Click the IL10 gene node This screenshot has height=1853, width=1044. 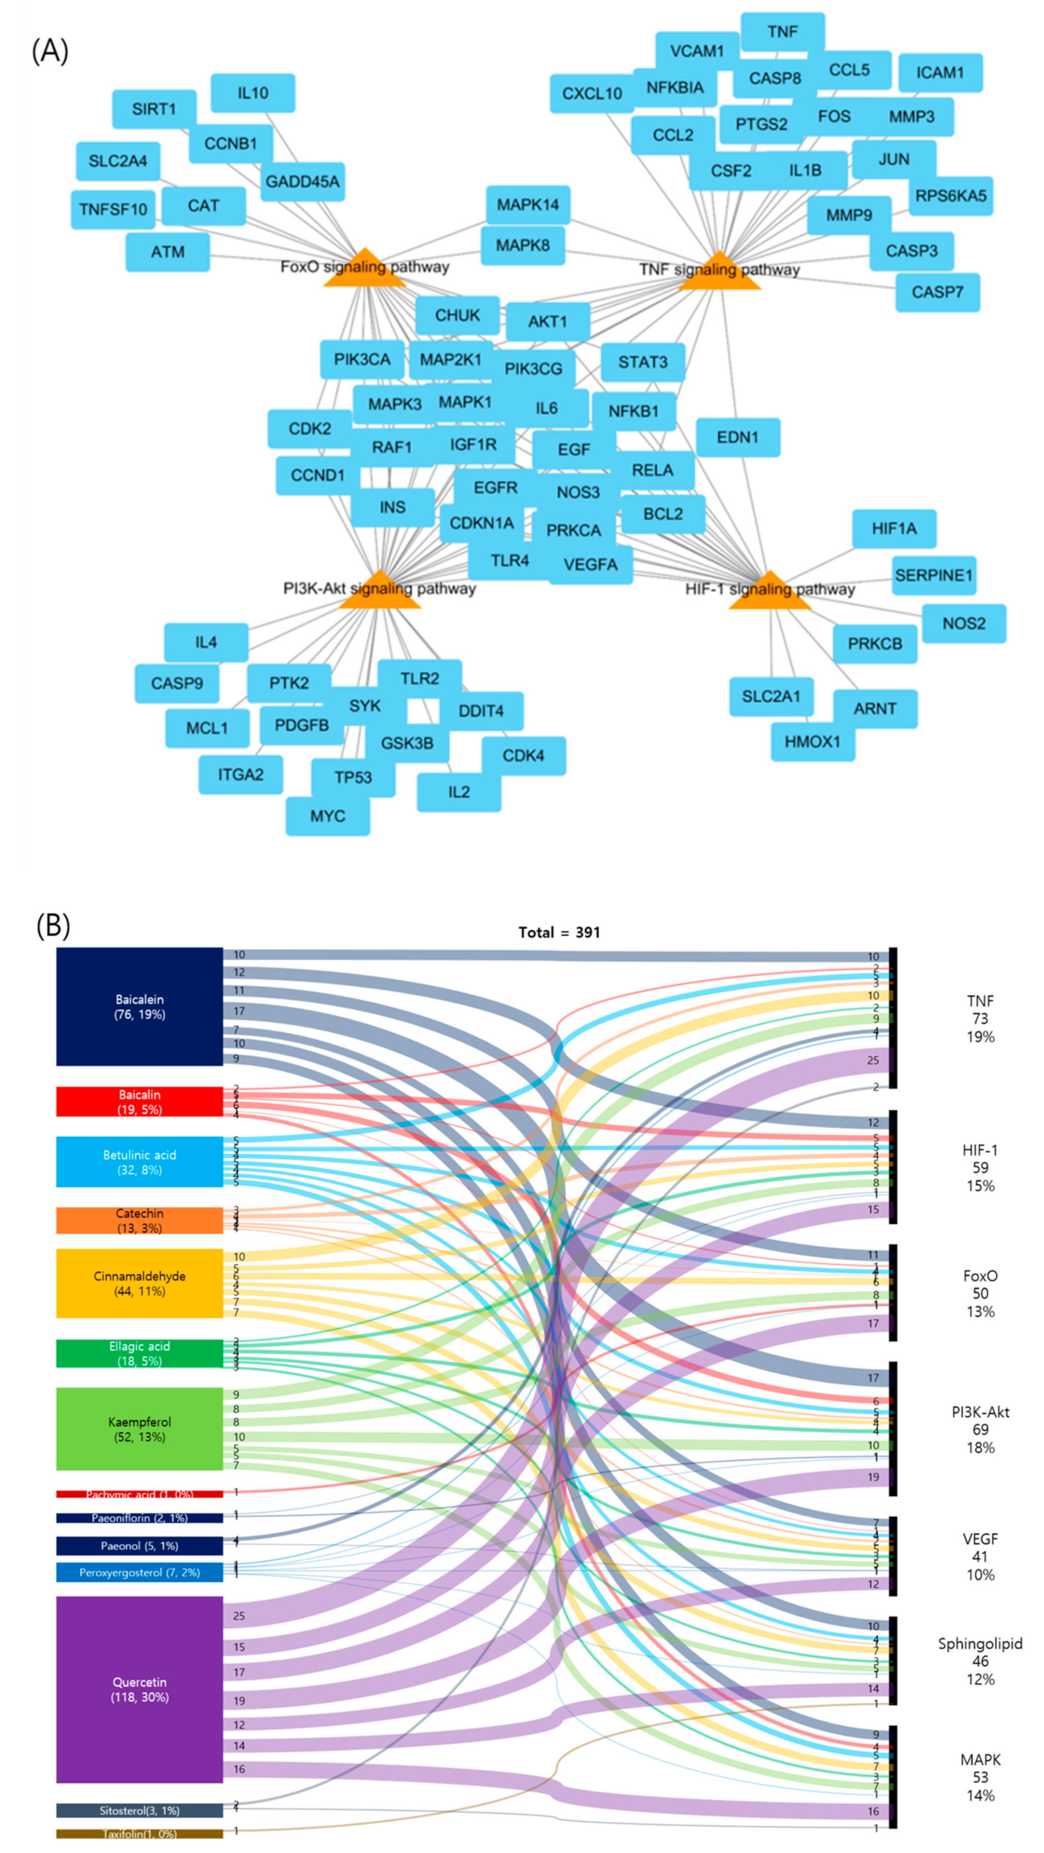click(253, 93)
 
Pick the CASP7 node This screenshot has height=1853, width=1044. click(937, 292)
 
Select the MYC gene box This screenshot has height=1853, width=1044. click(327, 816)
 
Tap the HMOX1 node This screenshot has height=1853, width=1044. click(812, 741)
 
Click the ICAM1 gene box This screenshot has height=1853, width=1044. click(940, 73)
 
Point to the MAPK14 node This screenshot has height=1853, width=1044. click(528, 205)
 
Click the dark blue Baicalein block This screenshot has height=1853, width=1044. click(140, 1006)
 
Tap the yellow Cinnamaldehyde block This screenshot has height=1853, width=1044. click(140, 1283)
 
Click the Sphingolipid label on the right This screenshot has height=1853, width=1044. click(980, 1644)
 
